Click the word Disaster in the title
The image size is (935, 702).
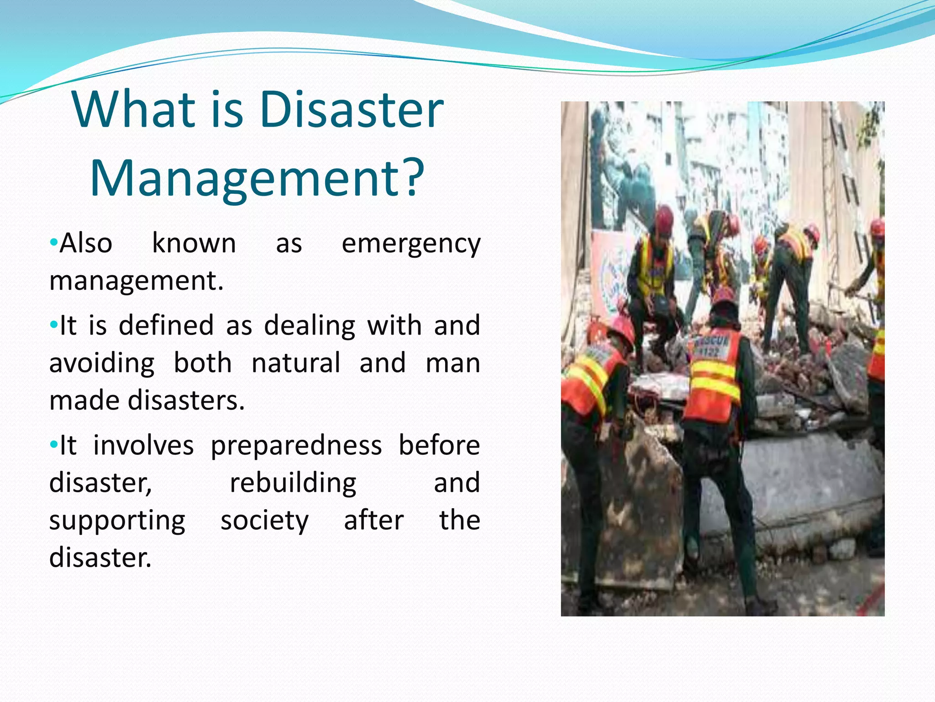coord(352,110)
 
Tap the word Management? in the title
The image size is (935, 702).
coord(257,178)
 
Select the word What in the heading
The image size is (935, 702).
coord(134,110)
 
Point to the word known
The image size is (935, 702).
coord(194,243)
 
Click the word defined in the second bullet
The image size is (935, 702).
coord(166,325)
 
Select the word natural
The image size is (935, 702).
coord(296,363)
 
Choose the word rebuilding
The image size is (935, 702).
coord(293,484)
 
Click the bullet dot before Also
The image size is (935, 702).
coord(53,241)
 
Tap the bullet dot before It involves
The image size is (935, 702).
coord(53,444)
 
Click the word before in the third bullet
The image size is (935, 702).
coord(439,445)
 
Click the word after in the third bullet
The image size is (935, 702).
coord(373,521)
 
